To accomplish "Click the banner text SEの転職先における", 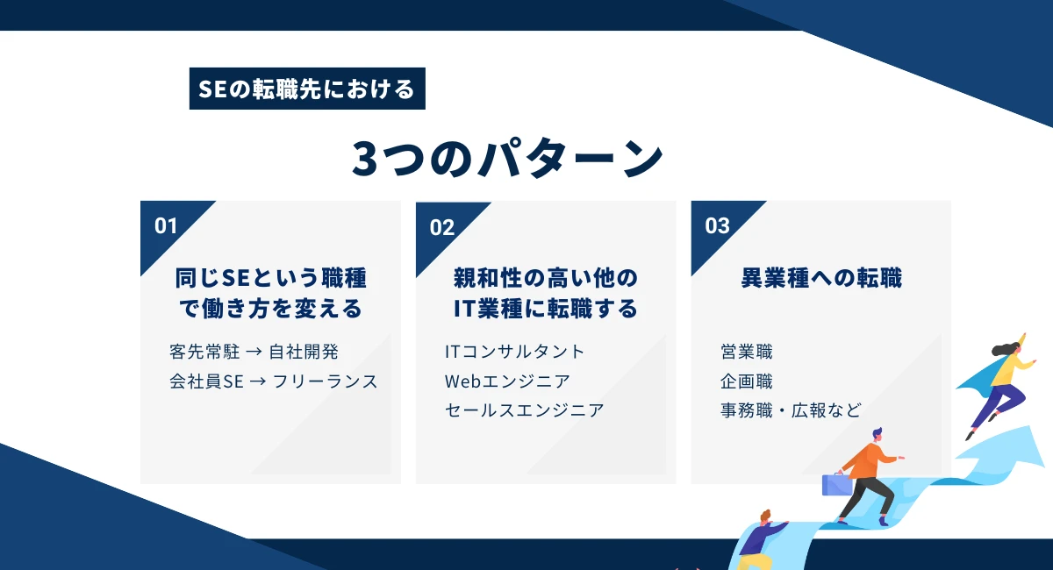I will pos(307,89).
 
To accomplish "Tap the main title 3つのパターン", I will pos(507,158).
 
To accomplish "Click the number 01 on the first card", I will pos(166,225).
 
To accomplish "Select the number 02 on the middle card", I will pos(442,227).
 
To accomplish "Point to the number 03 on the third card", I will pos(717,225).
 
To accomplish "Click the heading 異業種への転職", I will pos(821,279).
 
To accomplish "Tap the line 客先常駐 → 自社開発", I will pos(254,352).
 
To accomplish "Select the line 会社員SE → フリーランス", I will pos(273,381).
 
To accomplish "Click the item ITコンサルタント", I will pos(514,352).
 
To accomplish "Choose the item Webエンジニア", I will pos(507,381).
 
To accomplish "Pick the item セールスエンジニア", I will pos(524,410).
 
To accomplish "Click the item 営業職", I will pos(746,352).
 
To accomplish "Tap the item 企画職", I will pos(746,381).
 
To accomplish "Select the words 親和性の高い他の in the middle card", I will pos(546,279).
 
